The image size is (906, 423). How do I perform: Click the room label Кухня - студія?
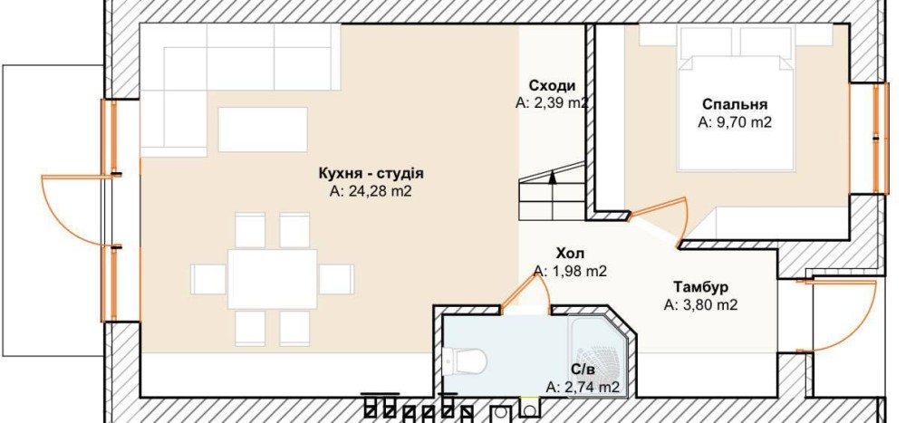pyautogui.click(x=371, y=173)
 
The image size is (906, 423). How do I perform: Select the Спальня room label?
pyautogui.click(x=735, y=104)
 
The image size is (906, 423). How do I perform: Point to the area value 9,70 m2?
pyautogui.click(x=735, y=122)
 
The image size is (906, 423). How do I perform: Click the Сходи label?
pyautogui.click(x=553, y=86)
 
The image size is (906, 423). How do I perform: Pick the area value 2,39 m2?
pyautogui.click(x=553, y=103)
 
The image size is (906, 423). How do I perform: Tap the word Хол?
pyautogui.click(x=570, y=253)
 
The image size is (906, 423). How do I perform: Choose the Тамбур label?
pyautogui.click(x=701, y=287)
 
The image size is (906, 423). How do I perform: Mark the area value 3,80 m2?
pyautogui.click(x=701, y=304)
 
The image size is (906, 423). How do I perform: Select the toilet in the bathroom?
pyautogui.click(x=464, y=361)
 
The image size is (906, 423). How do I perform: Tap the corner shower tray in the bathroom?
pyautogui.click(x=598, y=354)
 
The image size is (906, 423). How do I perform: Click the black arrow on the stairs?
pyautogui.click(x=553, y=178)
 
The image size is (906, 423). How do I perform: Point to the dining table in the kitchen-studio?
pyautogui.click(x=272, y=279)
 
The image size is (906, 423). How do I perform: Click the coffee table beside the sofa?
pyautogui.click(x=263, y=130)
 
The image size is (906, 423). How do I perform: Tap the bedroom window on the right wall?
pyautogui.click(x=880, y=139)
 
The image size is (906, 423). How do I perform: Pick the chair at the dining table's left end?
pyautogui.click(x=208, y=279)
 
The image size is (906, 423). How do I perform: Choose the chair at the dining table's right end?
pyautogui.click(x=336, y=279)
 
